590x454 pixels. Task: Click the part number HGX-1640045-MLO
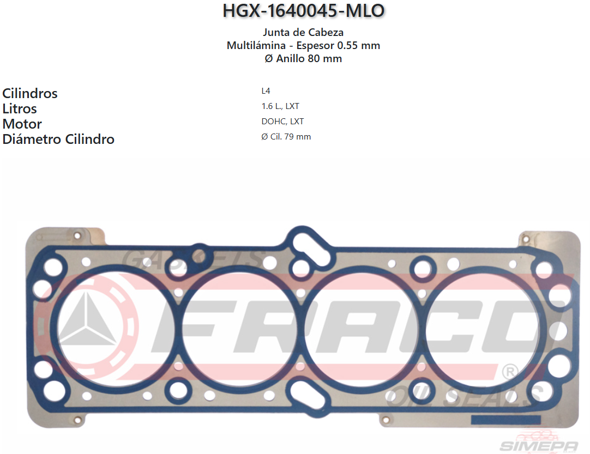[303, 11]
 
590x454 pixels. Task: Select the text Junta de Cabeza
[303, 33]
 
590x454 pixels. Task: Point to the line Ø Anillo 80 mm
[303, 59]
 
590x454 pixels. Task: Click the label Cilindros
[30, 93]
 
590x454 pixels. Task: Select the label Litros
[20, 108]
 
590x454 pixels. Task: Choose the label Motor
[22, 124]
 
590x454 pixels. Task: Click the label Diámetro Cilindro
[58, 139]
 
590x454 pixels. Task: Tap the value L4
[266, 91]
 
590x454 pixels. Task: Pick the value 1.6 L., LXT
[280, 106]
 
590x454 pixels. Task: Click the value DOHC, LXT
[282, 122]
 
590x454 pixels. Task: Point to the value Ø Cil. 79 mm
[286, 137]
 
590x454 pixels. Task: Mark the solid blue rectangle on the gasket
[505, 420]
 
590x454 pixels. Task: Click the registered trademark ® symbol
[509, 372]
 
